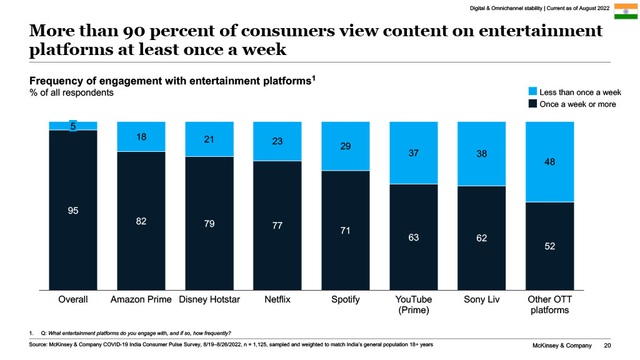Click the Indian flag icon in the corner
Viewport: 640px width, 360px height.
tap(624, 11)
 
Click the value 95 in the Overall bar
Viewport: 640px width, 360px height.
tap(73, 211)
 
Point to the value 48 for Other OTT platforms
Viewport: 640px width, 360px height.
tap(549, 162)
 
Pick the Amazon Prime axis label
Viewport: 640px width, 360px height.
tap(141, 299)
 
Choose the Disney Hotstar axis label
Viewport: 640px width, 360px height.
tap(209, 299)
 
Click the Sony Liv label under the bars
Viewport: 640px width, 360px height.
tap(481, 299)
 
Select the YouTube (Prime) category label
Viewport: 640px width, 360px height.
tap(413, 304)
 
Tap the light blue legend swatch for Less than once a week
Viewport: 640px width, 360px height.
tap(532, 92)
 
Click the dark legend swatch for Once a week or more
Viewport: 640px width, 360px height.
tap(532, 104)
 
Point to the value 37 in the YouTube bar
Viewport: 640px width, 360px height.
tap(413, 152)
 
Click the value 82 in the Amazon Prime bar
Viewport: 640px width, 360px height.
tap(141, 221)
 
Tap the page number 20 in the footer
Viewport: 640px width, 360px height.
tap(607, 346)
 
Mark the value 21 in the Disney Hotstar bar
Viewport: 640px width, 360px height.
tap(209, 139)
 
